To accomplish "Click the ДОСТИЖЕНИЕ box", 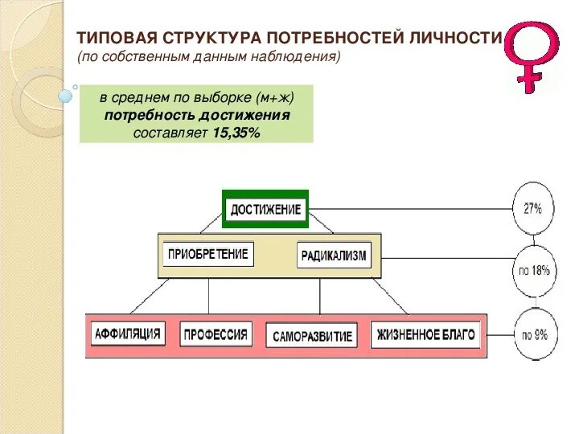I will click(265, 210).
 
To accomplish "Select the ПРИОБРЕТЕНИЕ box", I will click(207, 255).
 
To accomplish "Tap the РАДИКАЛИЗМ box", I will click(334, 256).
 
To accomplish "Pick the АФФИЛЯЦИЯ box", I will click(129, 334).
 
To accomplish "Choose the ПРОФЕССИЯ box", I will click(216, 334).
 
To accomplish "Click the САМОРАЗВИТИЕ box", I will click(312, 336).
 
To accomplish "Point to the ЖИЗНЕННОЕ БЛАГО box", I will click(426, 334).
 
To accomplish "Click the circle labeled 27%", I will click(532, 208).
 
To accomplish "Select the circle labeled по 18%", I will click(534, 271).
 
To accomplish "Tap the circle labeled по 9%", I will click(534, 334).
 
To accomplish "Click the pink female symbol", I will click(531, 55).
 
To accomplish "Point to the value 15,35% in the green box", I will click(236, 133).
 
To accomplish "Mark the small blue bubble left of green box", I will click(66, 96).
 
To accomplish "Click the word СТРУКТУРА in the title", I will click(211, 39).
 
